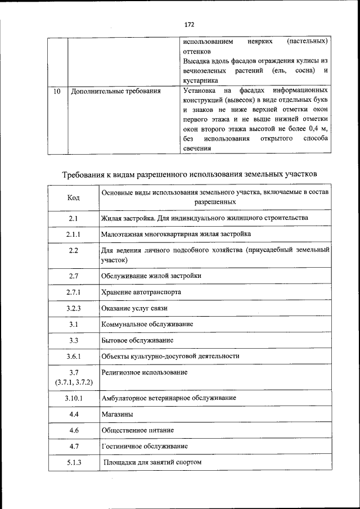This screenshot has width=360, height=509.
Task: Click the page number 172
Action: click(x=189, y=24)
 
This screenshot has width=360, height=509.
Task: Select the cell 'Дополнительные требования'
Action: click(x=115, y=91)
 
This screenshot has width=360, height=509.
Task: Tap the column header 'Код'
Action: click(x=73, y=197)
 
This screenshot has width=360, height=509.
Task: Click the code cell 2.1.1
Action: click(x=73, y=233)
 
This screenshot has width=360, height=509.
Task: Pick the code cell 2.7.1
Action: click(x=73, y=292)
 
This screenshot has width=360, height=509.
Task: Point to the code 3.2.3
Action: click(x=73, y=308)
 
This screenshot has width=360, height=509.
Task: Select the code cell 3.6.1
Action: click(x=73, y=356)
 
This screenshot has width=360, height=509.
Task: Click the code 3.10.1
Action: click(x=73, y=398)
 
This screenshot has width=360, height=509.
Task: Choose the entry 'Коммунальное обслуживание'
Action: click(x=147, y=325)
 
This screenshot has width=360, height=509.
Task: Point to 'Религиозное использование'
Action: click(x=145, y=372)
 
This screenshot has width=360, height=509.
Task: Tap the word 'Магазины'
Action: click(x=118, y=414)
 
